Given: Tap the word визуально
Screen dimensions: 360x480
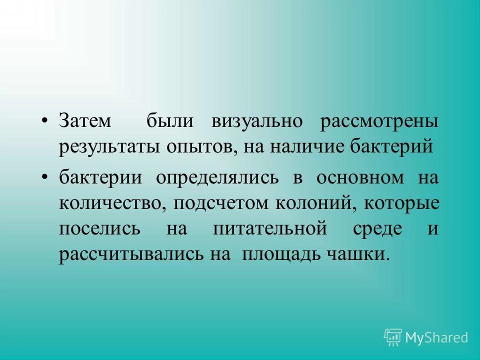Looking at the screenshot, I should (256, 122).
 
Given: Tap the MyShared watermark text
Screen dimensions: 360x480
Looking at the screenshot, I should (436, 337).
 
